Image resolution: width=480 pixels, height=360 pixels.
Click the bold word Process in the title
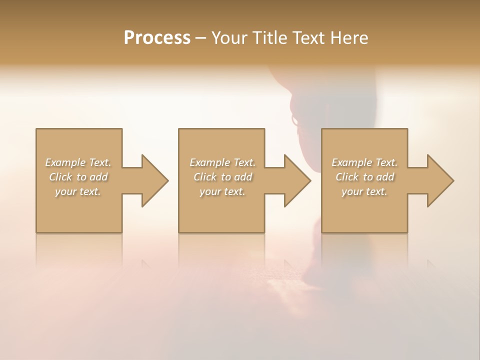[x=157, y=38]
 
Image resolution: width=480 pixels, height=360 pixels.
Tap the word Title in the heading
[x=269, y=38]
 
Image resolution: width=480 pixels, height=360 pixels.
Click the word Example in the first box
[x=65, y=162]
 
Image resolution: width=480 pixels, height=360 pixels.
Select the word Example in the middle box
[x=210, y=162]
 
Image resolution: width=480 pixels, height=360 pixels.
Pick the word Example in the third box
[x=352, y=162]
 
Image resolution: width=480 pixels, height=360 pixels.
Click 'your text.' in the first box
[x=78, y=191]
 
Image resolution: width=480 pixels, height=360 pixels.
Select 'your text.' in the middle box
[x=222, y=191]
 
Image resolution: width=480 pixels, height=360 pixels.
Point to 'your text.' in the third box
[x=364, y=191]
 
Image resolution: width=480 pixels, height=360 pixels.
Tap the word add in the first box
[x=98, y=177]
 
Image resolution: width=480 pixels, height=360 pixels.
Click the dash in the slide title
[x=201, y=38]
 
